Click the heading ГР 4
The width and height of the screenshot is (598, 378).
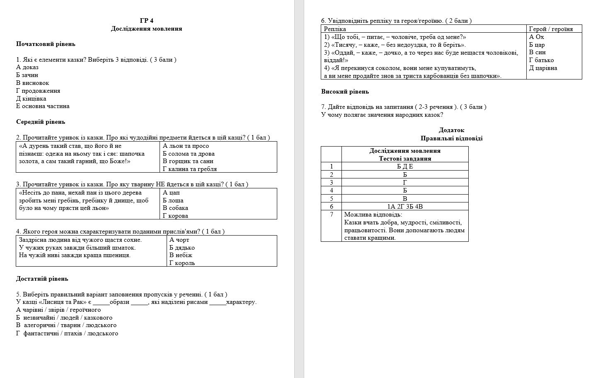click(x=146, y=21)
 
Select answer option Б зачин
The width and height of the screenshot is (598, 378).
click(x=27, y=75)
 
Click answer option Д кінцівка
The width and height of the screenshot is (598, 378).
click(x=31, y=99)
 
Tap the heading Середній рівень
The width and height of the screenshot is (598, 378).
click(x=41, y=122)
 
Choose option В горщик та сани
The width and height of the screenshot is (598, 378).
click(x=188, y=161)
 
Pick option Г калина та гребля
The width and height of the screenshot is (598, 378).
click(x=190, y=169)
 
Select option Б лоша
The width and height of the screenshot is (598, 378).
click(x=173, y=200)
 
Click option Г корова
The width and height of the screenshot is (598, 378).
click(x=176, y=216)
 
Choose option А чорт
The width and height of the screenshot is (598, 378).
click(x=179, y=240)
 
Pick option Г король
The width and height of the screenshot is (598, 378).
click(x=182, y=263)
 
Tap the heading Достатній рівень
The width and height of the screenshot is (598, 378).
click(x=42, y=279)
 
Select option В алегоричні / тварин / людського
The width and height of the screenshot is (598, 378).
click(x=66, y=325)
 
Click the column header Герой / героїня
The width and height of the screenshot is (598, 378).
click(x=551, y=29)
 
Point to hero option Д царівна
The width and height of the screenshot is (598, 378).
click(x=543, y=68)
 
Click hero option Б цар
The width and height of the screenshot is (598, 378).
click(x=537, y=45)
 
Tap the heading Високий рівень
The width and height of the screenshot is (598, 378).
click(x=345, y=91)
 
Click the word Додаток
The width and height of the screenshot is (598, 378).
click(x=451, y=130)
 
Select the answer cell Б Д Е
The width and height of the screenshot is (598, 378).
click(x=405, y=166)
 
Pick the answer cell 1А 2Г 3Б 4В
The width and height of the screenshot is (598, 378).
click(x=405, y=206)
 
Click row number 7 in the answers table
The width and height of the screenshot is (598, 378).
click(x=331, y=214)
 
